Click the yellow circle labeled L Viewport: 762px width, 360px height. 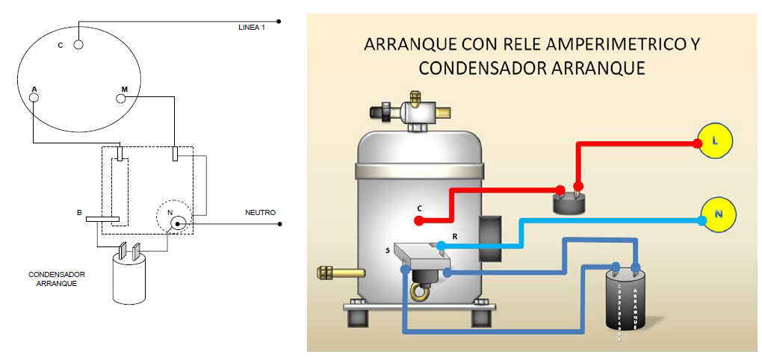715,140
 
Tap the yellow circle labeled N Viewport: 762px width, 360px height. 719,214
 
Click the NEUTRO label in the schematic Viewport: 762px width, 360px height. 260,213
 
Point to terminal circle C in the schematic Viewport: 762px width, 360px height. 78,45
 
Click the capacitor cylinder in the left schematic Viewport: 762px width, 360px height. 132,279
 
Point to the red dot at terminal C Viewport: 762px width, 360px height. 419,220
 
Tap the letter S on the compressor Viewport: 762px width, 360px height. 387,251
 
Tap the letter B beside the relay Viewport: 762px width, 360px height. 78,213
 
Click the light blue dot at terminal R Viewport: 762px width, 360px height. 442,245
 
